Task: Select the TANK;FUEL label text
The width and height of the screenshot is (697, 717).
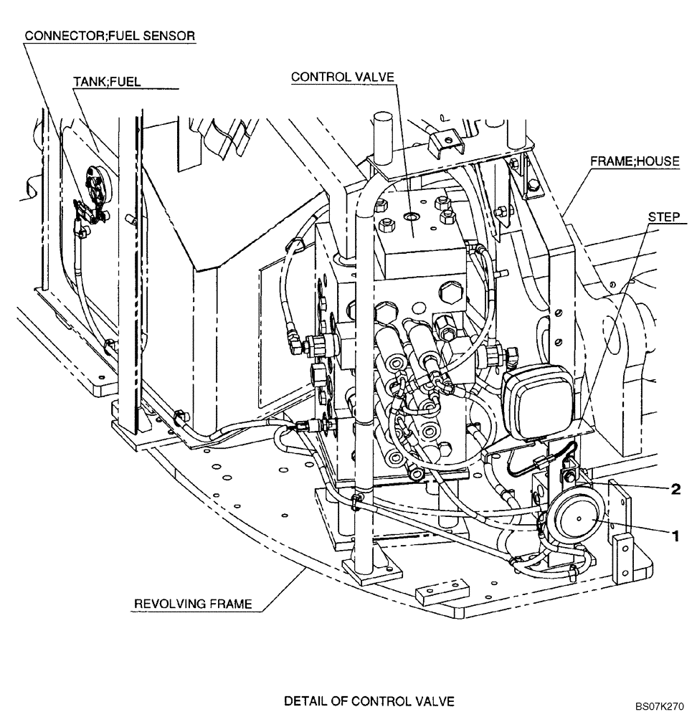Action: click(108, 82)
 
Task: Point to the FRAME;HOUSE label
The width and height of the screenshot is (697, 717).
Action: click(634, 161)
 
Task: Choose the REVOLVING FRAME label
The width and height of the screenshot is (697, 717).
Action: click(193, 604)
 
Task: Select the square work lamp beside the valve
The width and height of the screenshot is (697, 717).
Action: click(534, 404)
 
